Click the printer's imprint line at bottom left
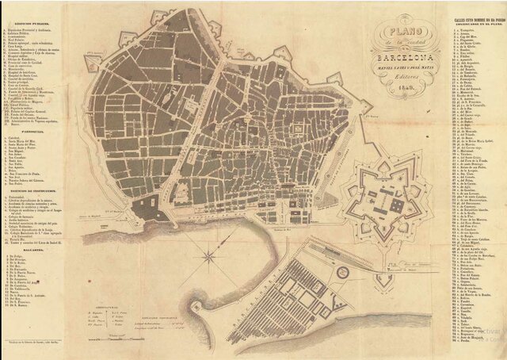(40, 342)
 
